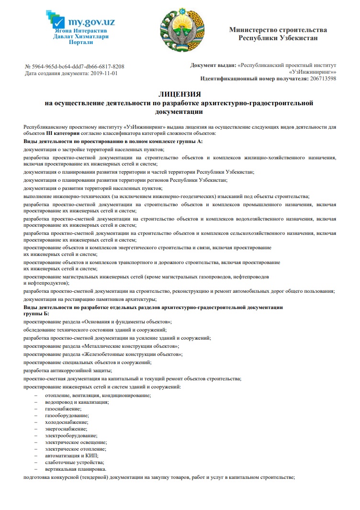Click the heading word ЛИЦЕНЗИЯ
(x=180, y=95)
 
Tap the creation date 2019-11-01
(x=104, y=74)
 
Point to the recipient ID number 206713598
(x=323, y=78)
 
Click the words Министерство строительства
(x=278, y=30)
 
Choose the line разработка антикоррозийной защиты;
(x=68, y=370)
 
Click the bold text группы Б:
(x=36, y=314)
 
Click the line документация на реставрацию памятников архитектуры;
(x=90, y=299)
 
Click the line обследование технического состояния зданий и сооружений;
(x=95, y=330)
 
